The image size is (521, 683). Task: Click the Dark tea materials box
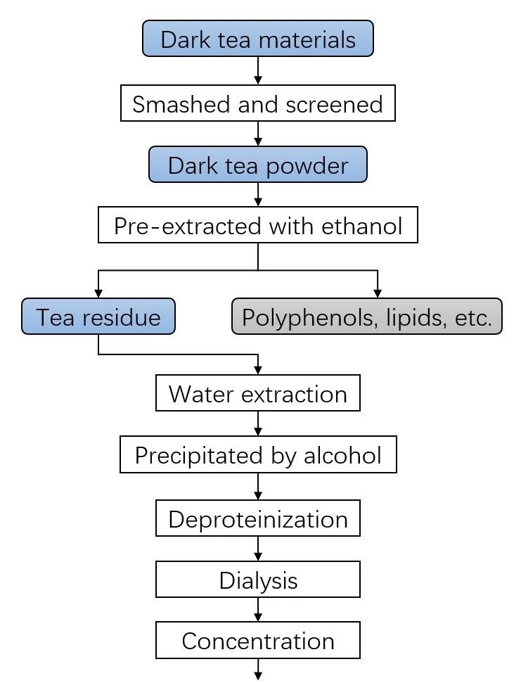coord(257,38)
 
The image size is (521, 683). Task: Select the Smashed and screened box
coord(257,103)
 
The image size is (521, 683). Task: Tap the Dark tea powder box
coord(257,164)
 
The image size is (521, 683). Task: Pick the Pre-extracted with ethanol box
coord(257,225)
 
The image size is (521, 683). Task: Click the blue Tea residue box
coord(98,317)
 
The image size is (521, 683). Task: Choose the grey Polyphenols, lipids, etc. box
coord(366,317)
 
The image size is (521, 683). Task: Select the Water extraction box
coord(257,393)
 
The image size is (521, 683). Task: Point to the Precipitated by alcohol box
coord(257,454)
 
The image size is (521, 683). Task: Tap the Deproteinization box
coord(257,518)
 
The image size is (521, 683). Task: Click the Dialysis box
coord(257,580)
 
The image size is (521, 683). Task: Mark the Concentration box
coord(257,640)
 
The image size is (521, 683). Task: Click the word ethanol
coord(361,226)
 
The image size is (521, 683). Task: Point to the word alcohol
coord(342,456)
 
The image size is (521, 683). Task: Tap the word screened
coord(334,105)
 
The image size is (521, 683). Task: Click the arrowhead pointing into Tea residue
coord(98,293)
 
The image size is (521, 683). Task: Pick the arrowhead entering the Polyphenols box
coord(378,293)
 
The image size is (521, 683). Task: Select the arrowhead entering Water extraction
coord(257,370)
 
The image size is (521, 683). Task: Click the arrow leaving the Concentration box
coord(257,670)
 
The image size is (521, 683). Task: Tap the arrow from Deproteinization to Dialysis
coord(257,549)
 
